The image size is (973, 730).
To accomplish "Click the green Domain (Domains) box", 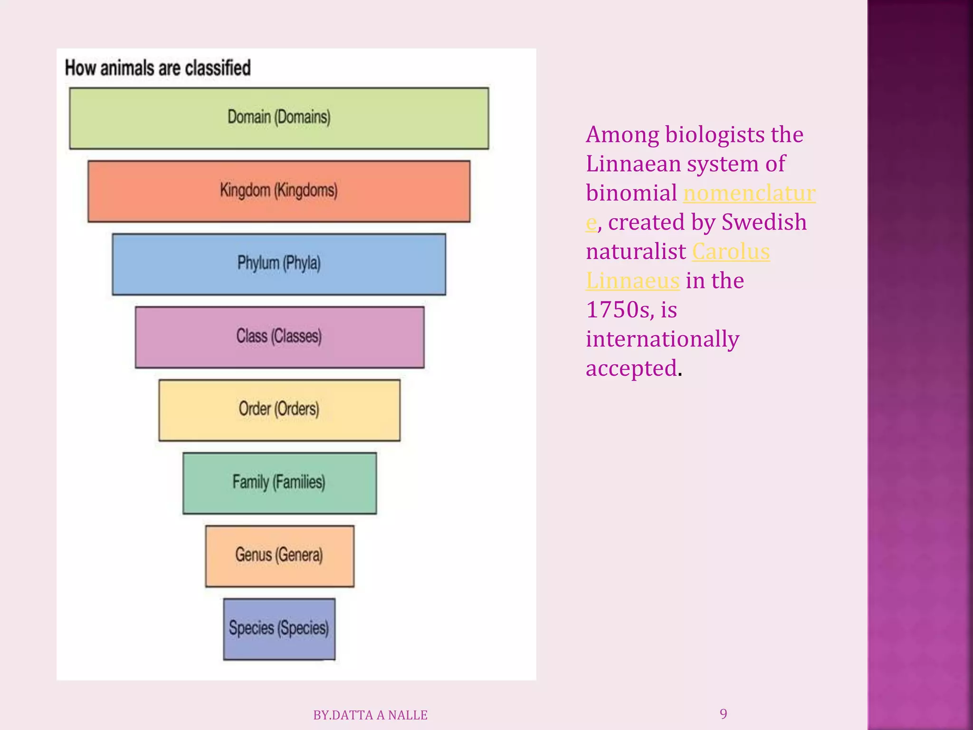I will [x=279, y=118].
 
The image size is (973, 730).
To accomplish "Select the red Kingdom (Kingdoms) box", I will [x=279, y=191].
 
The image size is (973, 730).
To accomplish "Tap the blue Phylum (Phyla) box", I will [x=279, y=264].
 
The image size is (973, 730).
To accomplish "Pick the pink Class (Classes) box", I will [x=279, y=337].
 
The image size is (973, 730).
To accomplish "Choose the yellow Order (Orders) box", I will [x=279, y=410].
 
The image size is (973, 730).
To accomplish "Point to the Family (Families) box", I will [x=279, y=483].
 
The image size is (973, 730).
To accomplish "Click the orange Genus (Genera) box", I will [x=279, y=556].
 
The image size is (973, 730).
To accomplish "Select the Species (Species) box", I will [x=279, y=628].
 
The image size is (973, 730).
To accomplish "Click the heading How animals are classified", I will [x=158, y=68].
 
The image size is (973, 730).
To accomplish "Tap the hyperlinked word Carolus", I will [x=731, y=251].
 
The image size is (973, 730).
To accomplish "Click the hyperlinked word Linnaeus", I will [x=633, y=281].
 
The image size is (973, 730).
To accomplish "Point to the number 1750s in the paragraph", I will [x=618, y=310].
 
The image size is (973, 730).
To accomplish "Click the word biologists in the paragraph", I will [x=715, y=135].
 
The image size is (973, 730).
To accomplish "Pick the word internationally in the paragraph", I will [x=662, y=339].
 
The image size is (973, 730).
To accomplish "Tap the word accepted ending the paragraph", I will [x=631, y=368].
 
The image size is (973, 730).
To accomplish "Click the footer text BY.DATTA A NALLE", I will [x=370, y=715].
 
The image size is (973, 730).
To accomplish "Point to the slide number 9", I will [x=723, y=714].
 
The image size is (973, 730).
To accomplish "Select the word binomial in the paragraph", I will [x=631, y=193].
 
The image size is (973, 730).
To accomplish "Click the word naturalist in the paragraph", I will [x=636, y=251].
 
